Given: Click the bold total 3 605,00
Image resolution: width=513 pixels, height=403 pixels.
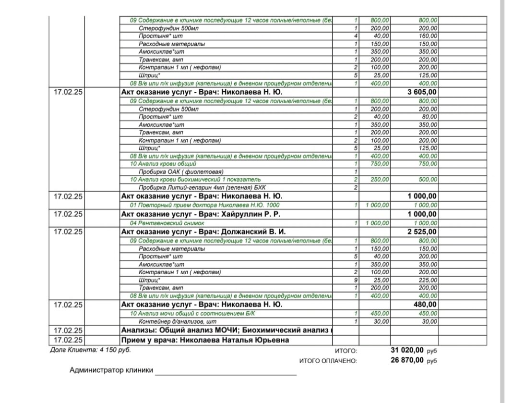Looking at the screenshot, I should click(x=422, y=92).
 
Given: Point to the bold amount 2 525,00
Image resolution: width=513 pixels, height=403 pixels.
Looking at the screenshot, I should click(x=422, y=232).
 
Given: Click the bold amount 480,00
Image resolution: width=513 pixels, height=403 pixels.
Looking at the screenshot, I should click(x=425, y=305).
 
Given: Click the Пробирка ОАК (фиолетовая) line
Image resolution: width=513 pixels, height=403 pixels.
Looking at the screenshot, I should click(x=181, y=171).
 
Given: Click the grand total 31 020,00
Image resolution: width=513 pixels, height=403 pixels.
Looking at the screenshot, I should click(x=407, y=350).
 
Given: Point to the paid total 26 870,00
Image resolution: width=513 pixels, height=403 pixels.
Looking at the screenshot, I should click(x=407, y=360).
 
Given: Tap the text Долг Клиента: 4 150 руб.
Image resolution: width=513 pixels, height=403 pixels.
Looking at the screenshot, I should click(x=90, y=350).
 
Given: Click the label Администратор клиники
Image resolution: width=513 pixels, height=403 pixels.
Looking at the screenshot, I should click(x=111, y=370).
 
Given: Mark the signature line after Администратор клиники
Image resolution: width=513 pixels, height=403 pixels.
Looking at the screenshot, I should click(x=226, y=374).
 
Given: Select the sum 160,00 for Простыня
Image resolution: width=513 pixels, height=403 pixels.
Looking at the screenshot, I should click(x=427, y=36).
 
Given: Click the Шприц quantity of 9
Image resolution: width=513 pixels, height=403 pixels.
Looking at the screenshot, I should click(x=356, y=280).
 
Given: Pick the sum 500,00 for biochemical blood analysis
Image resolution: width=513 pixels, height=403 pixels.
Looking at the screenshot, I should click(x=427, y=179).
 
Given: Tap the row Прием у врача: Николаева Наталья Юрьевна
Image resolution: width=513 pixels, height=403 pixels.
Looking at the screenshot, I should click(x=205, y=341).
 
